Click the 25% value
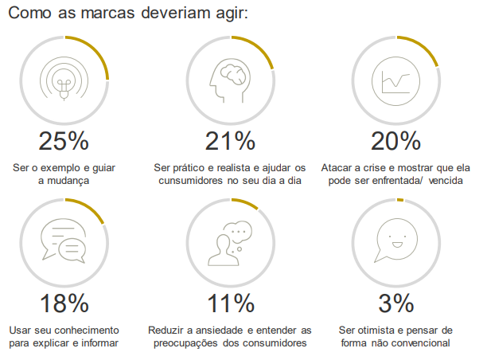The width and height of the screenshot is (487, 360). click(64, 141)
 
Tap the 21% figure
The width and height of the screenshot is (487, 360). click(230, 141)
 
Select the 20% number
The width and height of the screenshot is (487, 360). click(395, 141)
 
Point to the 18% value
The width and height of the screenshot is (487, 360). click(64, 303)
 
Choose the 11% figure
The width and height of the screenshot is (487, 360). click(230, 303)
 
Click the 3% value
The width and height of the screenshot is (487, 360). click(395, 303)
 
